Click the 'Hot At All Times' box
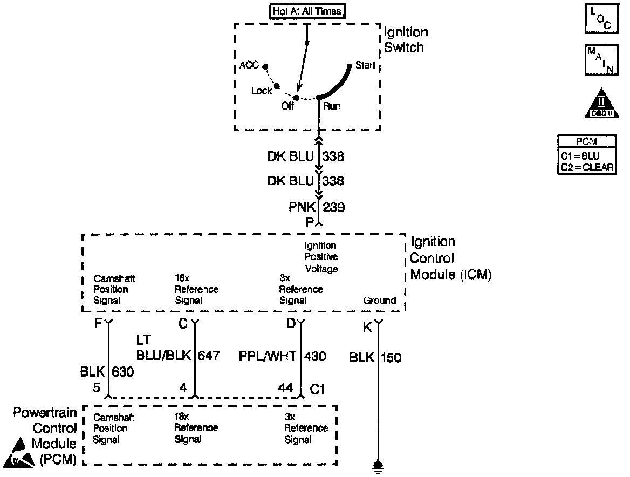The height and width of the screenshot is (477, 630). coord(306,11)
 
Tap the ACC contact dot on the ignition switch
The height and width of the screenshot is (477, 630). coord(265,66)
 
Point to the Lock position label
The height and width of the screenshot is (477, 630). coord(262,91)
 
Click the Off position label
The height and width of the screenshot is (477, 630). coord(287,106)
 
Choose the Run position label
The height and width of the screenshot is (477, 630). coord(332,106)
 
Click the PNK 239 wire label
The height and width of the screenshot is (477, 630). coord(318,207)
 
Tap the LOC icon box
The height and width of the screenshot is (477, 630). coord(601,20)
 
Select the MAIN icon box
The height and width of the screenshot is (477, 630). coord(601,60)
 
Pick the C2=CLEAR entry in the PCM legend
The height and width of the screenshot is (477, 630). coord(586,167)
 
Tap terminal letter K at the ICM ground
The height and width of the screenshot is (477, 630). coord(368,327)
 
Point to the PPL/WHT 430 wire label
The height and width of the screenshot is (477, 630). coord(282,356)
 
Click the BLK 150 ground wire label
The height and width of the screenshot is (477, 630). coord(375,357)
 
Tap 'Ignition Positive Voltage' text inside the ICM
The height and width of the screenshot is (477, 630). coord(321,257)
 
